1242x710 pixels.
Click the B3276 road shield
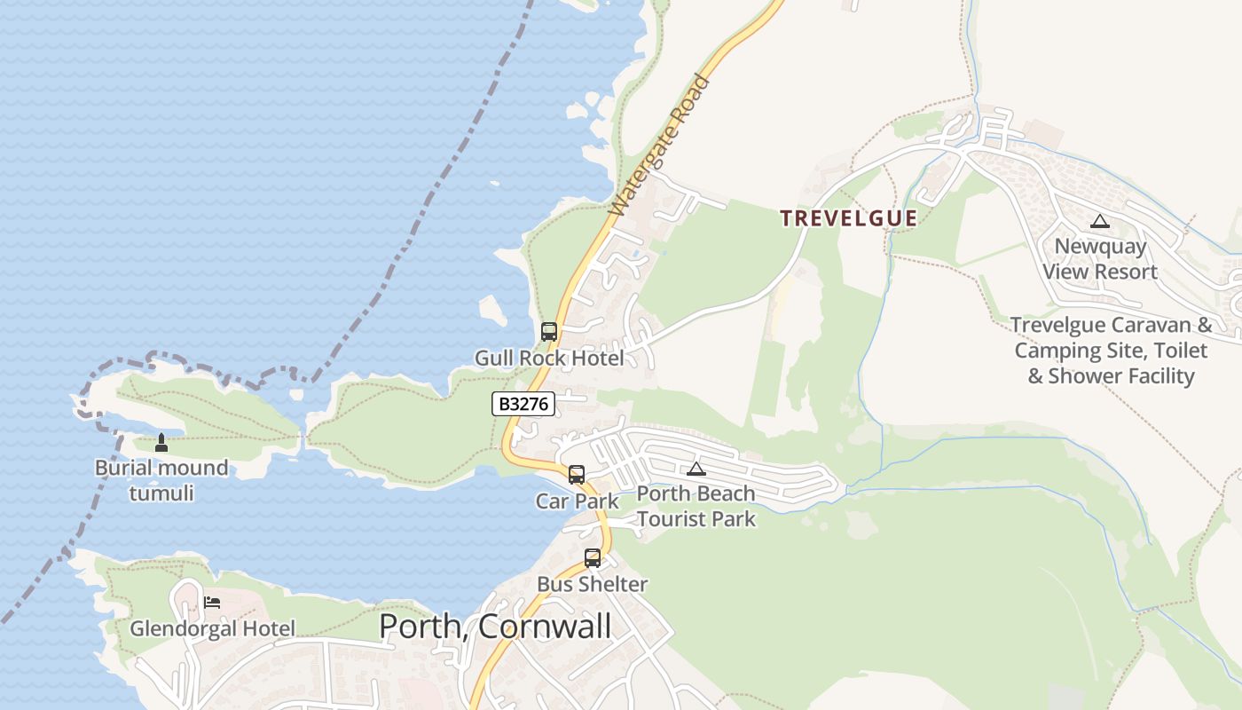tap(523, 404)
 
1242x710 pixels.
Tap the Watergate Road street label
tap(661, 146)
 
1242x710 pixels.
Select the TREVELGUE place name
tap(848, 218)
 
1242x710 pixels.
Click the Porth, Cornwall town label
tap(495, 627)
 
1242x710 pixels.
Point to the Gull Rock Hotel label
tap(549, 359)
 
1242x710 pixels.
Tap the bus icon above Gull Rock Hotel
tap(549, 332)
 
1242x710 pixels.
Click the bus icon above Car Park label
tap(577, 474)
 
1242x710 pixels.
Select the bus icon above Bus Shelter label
tap(593, 558)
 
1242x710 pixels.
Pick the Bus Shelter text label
tap(593, 584)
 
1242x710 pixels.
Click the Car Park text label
tap(577, 501)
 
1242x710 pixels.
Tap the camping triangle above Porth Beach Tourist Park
tap(696, 469)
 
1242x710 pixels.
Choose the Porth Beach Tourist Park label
tap(696, 506)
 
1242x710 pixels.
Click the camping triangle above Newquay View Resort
tap(1100, 221)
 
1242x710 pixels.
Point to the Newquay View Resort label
tap(1100, 258)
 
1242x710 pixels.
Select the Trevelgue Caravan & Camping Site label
tap(1111, 351)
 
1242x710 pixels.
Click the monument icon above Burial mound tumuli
tap(161, 441)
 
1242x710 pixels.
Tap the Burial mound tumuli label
tap(161, 479)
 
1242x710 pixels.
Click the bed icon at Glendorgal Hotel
tap(212, 602)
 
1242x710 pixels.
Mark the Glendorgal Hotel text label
tap(212, 628)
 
